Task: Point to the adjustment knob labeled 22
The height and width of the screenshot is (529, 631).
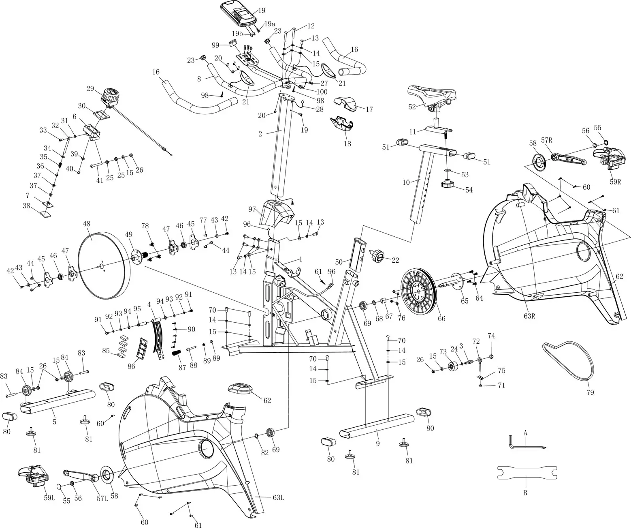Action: [x=379, y=256]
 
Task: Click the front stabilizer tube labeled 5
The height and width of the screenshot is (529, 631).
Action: [x=57, y=402]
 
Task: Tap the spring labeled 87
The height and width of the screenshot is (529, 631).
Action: [x=177, y=353]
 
